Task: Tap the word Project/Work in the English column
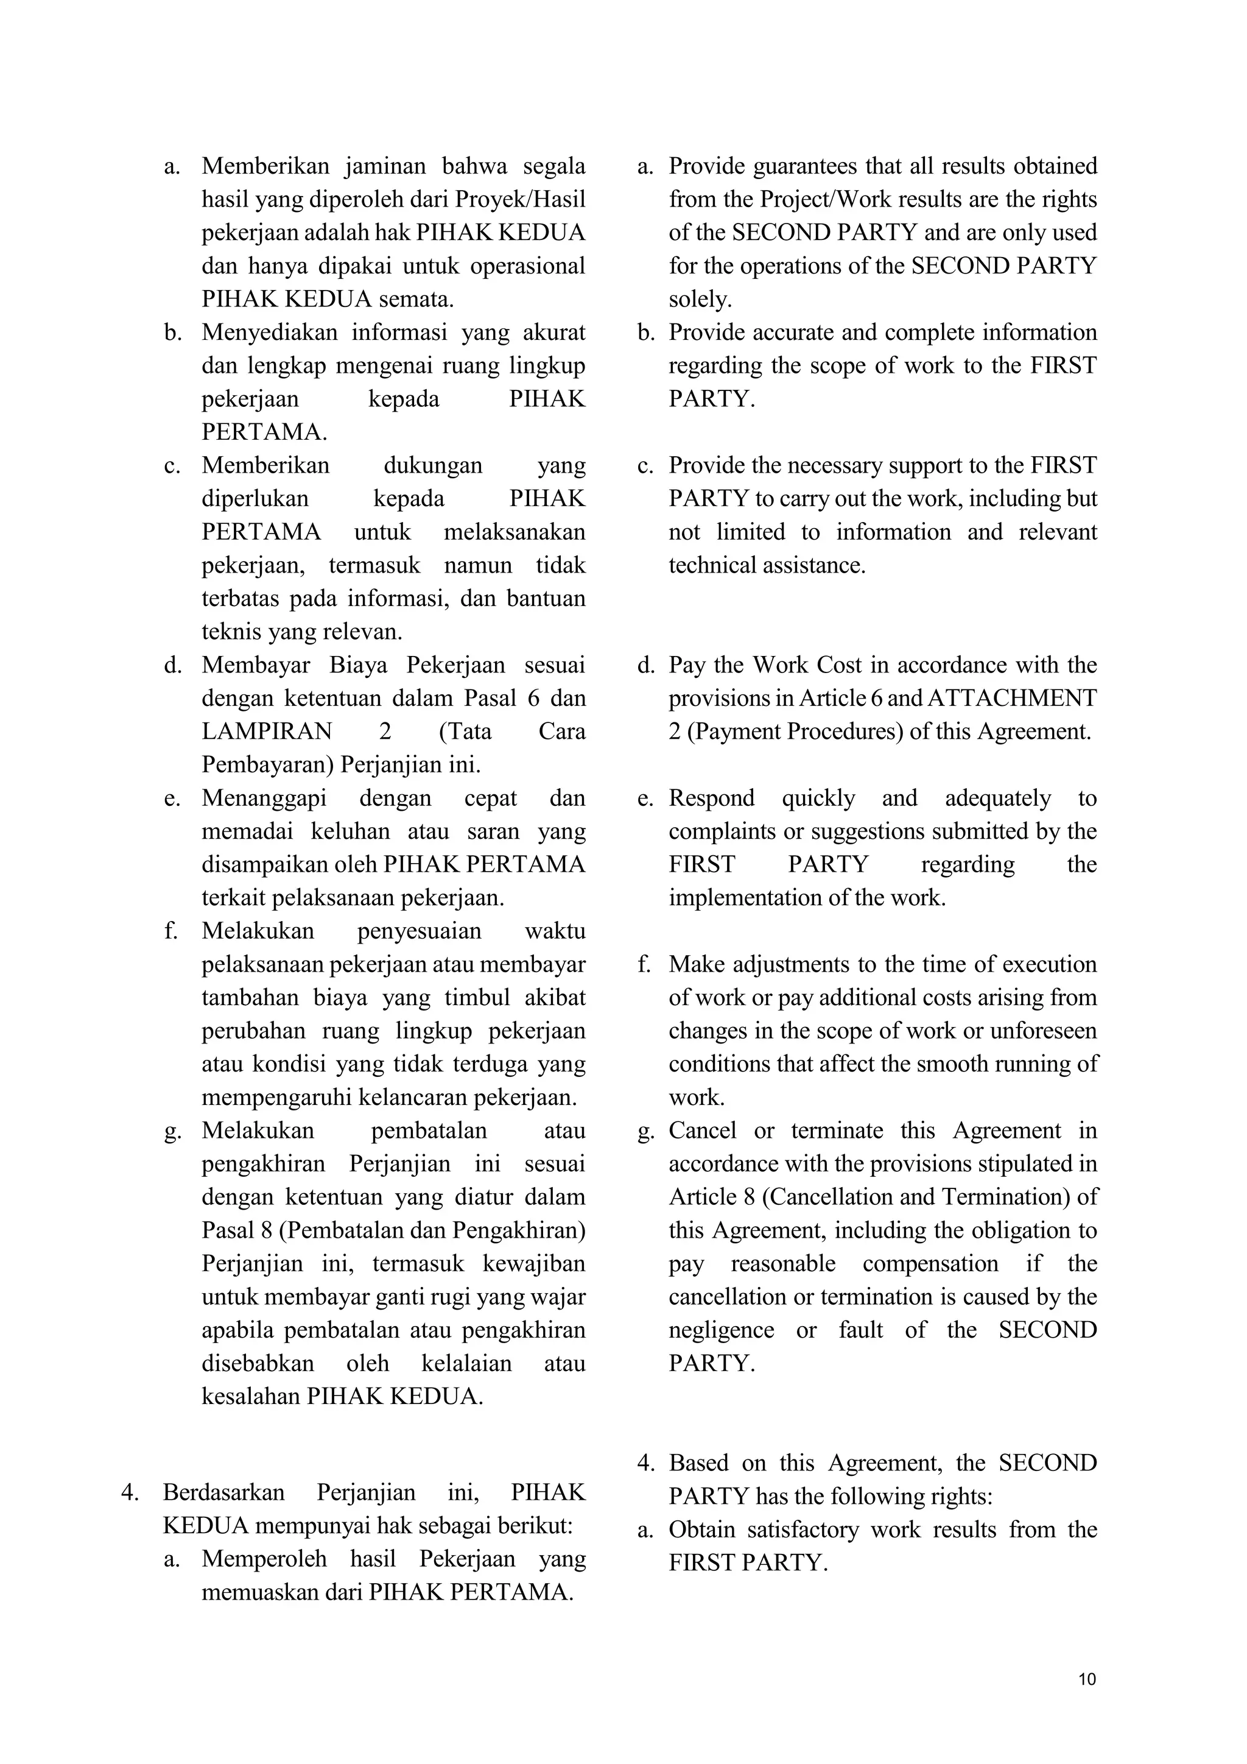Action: (826, 199)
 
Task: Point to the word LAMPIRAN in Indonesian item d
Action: (267, 731)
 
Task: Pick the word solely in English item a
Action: (700, 299)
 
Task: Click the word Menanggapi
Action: (264, 797)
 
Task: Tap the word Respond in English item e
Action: (711, 797)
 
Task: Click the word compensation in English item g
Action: (930, 1263)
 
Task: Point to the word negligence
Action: (721, 1330)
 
